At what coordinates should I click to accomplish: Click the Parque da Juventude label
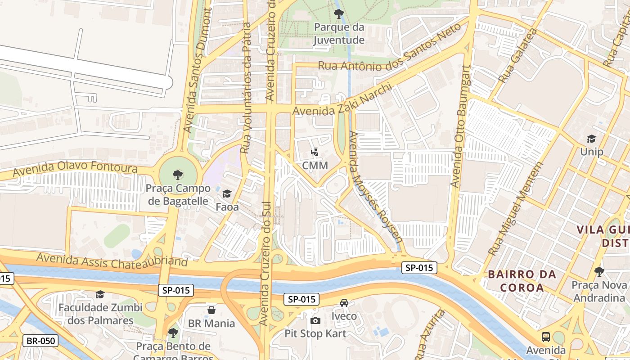339,34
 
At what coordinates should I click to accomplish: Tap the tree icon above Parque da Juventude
339,14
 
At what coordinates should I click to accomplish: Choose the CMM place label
315,165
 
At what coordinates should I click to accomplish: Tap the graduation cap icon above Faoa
227,194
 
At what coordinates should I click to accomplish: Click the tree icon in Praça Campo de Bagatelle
178,175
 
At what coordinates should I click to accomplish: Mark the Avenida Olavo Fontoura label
75,169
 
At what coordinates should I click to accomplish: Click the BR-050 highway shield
40,341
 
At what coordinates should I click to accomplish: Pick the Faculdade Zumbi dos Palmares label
100,314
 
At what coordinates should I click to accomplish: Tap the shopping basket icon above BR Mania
211,310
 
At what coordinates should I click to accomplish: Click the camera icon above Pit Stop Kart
315,320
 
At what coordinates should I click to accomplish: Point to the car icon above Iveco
344,303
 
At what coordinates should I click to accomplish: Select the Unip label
591,152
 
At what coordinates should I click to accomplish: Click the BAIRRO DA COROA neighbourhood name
522,281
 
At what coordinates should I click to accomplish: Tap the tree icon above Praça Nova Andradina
599,271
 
